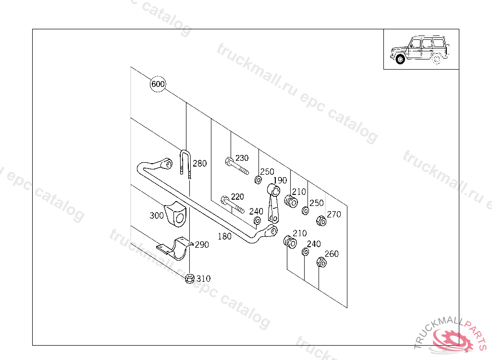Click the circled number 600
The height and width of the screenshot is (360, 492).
(158, 84)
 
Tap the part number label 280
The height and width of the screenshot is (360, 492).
(199, 164)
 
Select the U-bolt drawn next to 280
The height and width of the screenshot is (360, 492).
(186, 163)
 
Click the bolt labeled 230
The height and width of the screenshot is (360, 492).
(235, 166)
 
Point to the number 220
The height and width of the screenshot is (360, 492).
(237, 197)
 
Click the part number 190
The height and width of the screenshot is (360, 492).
(280, 180)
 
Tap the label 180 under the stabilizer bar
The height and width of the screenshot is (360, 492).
(224, 236)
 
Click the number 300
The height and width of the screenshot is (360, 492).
(157, 216)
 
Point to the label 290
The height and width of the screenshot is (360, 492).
(202, 245)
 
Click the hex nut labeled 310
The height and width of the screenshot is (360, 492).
(190, 278)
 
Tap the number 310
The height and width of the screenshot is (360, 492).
(203, 279)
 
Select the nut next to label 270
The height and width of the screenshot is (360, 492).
(321, 221)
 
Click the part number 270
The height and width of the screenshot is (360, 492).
(334, 215)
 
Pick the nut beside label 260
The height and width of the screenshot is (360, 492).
(321, 262)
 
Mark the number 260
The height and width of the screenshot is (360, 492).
(332, 254)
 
